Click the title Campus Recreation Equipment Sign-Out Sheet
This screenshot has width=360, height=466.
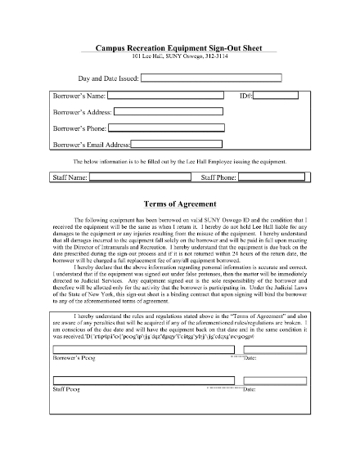[x=179, y=49]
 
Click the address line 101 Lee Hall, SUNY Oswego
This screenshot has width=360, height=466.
[x=179, y=57]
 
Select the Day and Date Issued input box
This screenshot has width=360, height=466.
[x=210, y=78]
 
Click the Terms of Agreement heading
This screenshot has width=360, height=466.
[x=179, y=203]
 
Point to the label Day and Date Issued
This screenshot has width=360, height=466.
[x=108, y=79]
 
